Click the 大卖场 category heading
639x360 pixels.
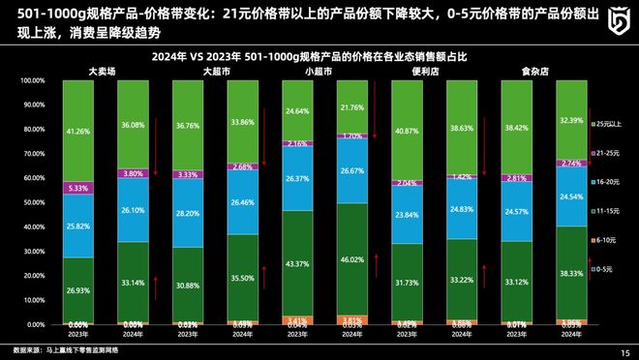(104, 72)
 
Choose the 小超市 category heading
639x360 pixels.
(319, 72)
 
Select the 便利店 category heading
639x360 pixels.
(427, 72)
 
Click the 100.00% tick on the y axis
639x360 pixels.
(32, 81)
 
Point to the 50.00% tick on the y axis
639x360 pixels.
(34, 202)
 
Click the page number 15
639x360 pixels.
(624, 352)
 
